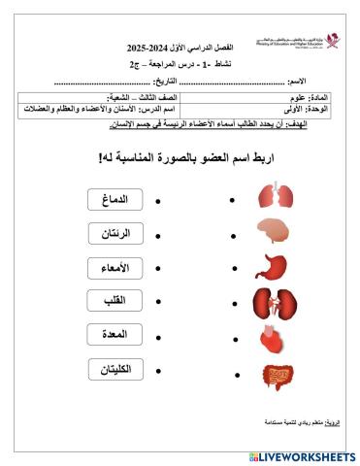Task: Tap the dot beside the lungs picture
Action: pos(232,200)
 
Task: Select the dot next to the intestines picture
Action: pos(232,372)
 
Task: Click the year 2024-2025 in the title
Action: pos(148,48)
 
